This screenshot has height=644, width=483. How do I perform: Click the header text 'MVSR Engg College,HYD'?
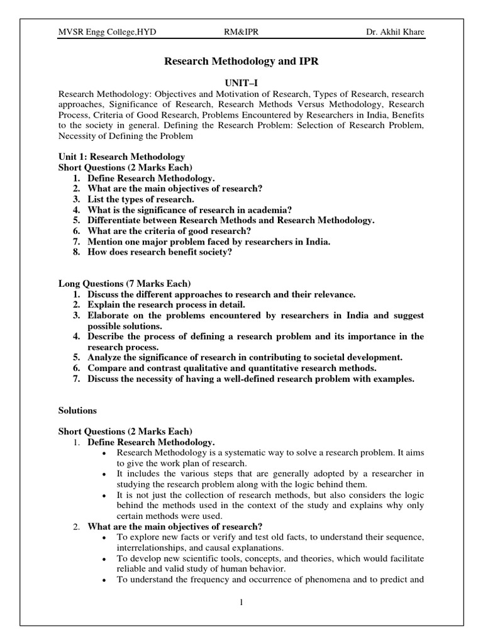tap(100, 33)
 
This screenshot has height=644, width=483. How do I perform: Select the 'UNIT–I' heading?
tap(241, 82)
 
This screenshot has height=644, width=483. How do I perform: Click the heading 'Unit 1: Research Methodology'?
tap(121, 157)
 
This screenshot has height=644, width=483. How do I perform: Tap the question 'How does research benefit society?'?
tap(160, 252)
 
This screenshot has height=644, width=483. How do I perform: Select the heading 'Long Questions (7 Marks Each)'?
tap(125, 284)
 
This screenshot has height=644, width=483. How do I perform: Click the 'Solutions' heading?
tap(77, 410)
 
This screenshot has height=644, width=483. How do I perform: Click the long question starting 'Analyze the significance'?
tap(245, 357)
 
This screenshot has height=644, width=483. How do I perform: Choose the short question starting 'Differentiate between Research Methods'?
tap(231, 220)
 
